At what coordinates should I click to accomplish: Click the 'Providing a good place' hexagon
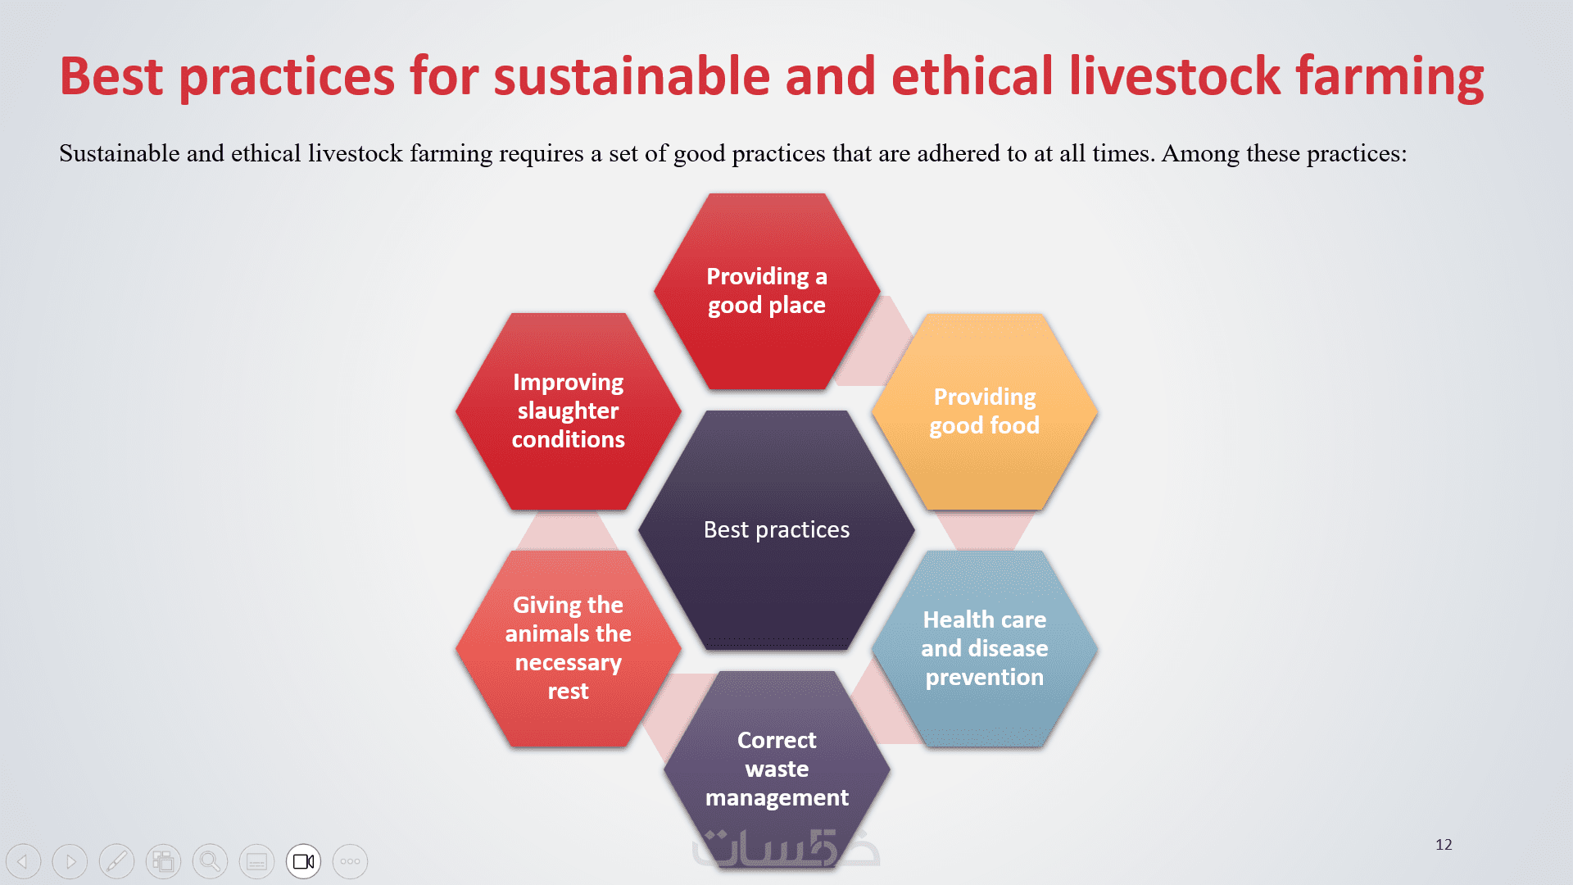pyautogui.click(x=767, y=291)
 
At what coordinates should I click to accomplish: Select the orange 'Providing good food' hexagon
pyautogui.click(x=984, y=411)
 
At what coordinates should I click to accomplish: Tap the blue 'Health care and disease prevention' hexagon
pyautogui.click(x=984, y=648)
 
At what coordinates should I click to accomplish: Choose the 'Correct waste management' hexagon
pyautogui.click(x=777, y=769)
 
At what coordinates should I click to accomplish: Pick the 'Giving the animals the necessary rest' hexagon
pyautogui.click(x=569, y=648)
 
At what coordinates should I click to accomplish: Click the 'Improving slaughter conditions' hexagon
pyautogui.click(x=569, y=411)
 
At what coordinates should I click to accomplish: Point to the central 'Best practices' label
pyautogui.click(x=777, y=530)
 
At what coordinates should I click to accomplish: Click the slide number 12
pyautogui.click(x=1444, y=845)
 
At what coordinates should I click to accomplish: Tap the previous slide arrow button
pyautogui.click(x=23, y=861)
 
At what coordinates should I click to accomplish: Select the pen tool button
pyautogui.click(x=116, y=861)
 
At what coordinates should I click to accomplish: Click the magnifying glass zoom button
pyautogui.click(x=210, y=861)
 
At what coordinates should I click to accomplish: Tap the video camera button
pyautogui.click(x=303, y=861)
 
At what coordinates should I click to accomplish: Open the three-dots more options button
pyautogui.click(x=350, y=861)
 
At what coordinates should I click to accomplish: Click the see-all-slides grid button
pyautogui.click(x=163, y=861)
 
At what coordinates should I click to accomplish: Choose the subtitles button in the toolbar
pyautogui.click(x=256, y=861)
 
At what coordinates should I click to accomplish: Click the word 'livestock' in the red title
pyautogui.click(x=1174, y=76)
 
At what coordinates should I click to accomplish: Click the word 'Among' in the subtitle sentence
pyautogui.click(x=1200, y=154)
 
